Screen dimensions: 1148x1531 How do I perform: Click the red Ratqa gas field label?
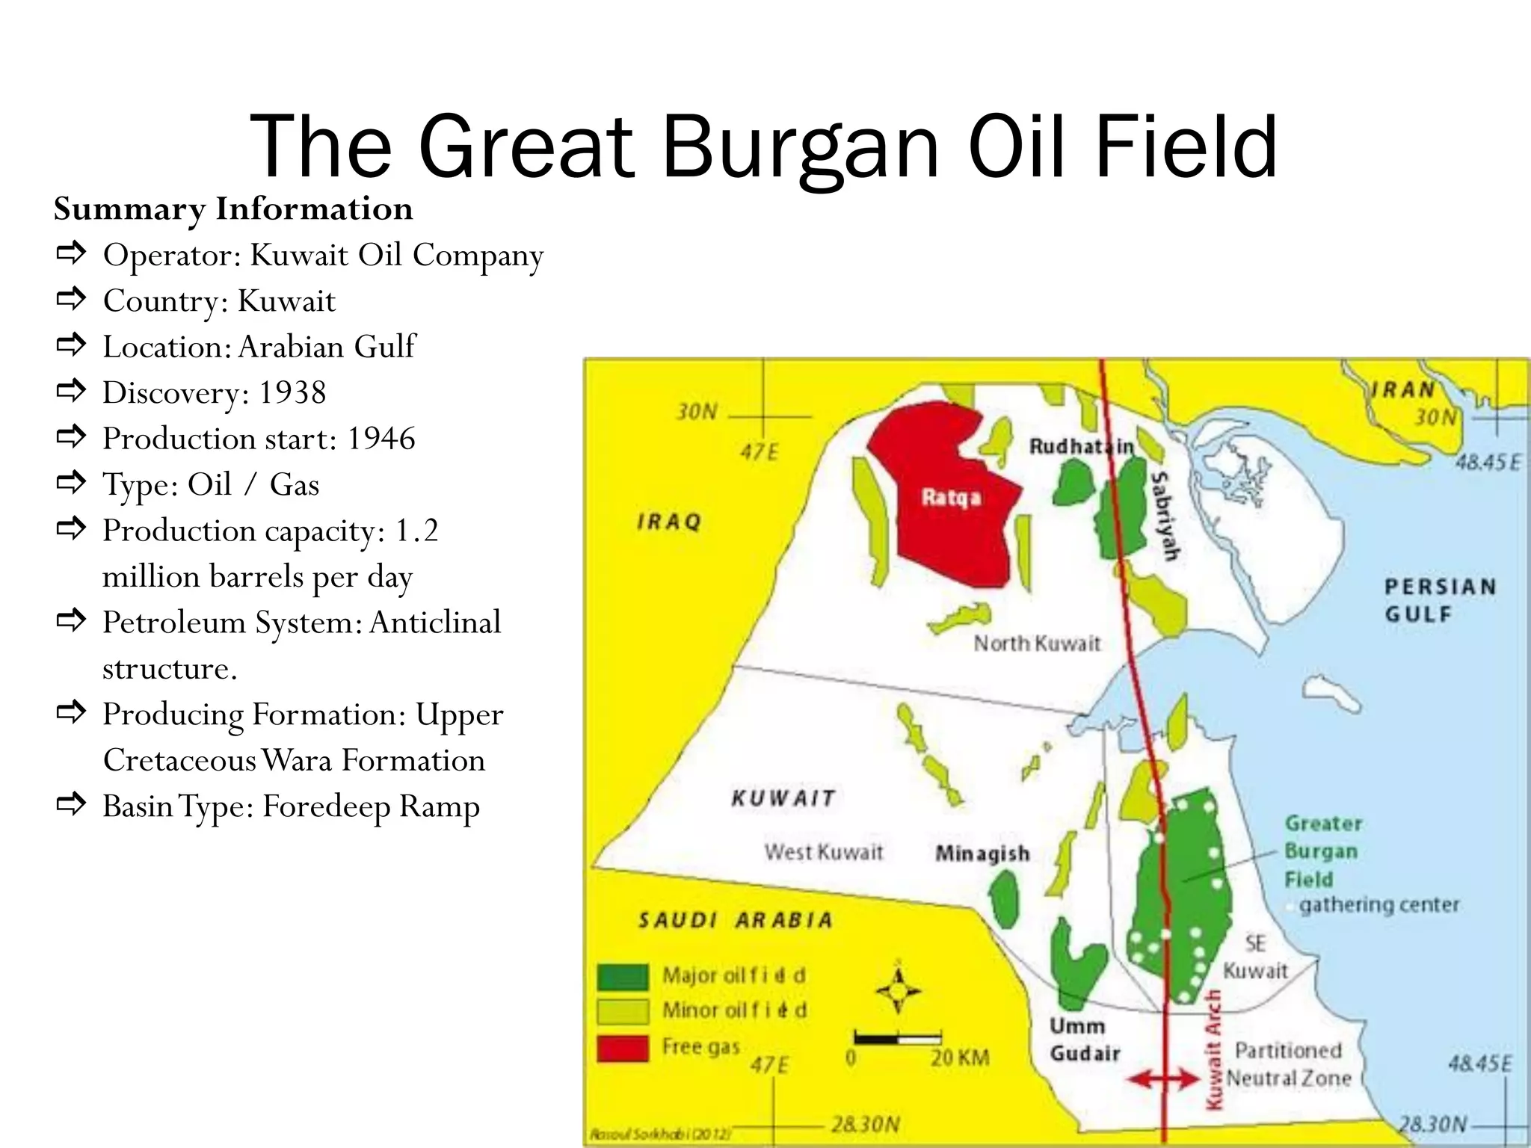coord(950,497)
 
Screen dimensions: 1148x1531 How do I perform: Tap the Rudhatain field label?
coord(1081,446)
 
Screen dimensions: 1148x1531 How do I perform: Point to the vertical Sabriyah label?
coord(1165,516)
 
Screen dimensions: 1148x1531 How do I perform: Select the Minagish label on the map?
coord(982,853)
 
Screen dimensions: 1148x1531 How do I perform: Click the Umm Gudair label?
coord(1083,1040)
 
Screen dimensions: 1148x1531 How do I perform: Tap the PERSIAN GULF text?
coord(1440,600)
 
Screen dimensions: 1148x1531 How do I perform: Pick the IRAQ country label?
coord(669,522)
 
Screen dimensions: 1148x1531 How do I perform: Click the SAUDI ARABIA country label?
coord(735,920)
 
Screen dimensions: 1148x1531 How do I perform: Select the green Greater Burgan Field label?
coord(1322,851)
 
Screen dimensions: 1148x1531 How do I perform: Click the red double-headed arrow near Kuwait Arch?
coord(1163,1078)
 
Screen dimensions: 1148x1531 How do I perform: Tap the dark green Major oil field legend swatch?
coord(622,976)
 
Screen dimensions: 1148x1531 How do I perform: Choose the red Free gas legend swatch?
coord(622,1048)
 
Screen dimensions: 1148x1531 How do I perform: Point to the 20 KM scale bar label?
coord(960,1058)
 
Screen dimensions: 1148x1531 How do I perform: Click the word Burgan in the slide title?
coord(799,146)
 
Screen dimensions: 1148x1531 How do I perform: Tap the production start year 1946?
coord(381,439)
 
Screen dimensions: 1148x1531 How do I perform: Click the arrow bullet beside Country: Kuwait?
coord(71,300)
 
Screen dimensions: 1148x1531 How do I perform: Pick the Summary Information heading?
coord(233,209)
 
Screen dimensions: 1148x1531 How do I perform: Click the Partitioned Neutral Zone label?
coord(1288,1064)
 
